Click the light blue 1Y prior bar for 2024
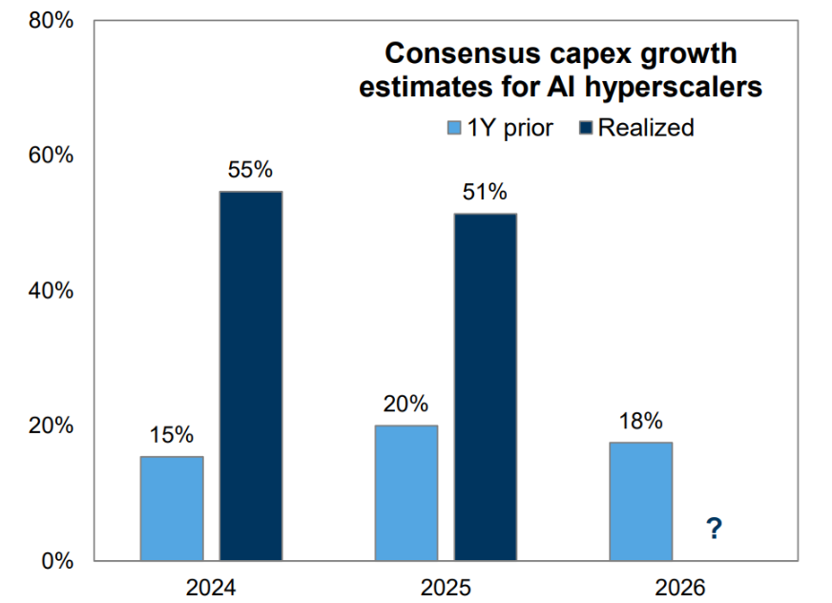tap(172, 508)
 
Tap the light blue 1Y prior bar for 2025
tap(406, 492)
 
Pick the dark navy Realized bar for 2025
tap(485, 386)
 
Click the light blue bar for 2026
tap(640, 501)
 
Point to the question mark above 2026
tap(712, 527)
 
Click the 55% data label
tap(251, 171)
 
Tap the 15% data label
tap(172, 435)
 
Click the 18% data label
tap(640, 421)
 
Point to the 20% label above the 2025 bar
tap(406, 405)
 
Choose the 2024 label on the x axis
tap(212, 588)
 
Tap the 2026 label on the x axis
tap(679, 588)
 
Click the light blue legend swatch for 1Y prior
tap(455, 128)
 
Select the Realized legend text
tap(646, 128)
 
